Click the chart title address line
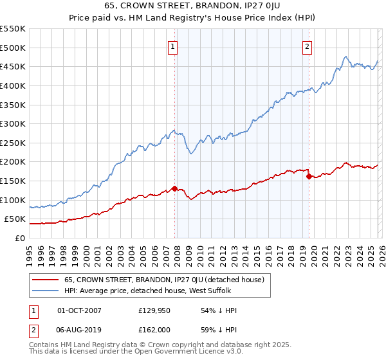(x=192, y=6)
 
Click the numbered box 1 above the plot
(x=174, y=46)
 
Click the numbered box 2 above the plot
(x=308, y=46)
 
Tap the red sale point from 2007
(x=174, y=189)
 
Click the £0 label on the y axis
(x=21, y=238)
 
